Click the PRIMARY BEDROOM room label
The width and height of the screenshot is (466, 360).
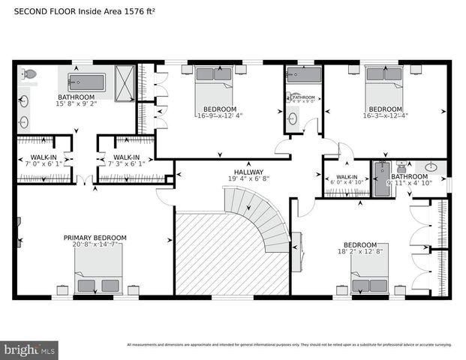tap(95, 238)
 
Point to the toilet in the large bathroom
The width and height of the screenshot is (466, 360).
tap(29, 74)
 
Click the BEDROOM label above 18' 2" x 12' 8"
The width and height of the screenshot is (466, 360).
tap(359, 245)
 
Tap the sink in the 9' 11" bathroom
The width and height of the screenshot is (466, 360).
tap(431, 168)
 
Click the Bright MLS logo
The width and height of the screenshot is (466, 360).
tap(30, 349)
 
